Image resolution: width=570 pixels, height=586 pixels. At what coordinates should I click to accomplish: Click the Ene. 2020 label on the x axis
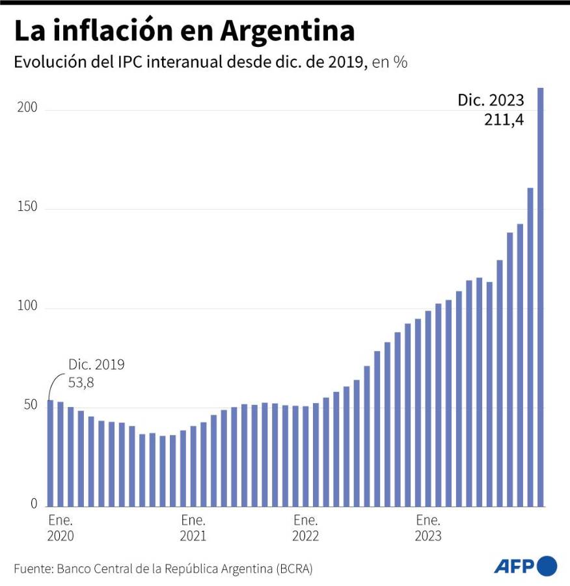61,528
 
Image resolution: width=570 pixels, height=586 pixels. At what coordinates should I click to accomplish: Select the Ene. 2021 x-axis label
193,528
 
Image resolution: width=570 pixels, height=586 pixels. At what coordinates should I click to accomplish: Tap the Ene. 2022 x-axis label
305,528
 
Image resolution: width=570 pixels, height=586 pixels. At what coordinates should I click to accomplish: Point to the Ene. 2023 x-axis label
428,528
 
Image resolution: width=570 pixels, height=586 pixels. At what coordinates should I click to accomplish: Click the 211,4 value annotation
504,120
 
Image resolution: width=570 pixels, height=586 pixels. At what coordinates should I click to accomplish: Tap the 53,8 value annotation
81,383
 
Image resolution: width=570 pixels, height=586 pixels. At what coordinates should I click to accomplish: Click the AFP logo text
513,566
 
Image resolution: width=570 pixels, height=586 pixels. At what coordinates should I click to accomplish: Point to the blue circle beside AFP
547,566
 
